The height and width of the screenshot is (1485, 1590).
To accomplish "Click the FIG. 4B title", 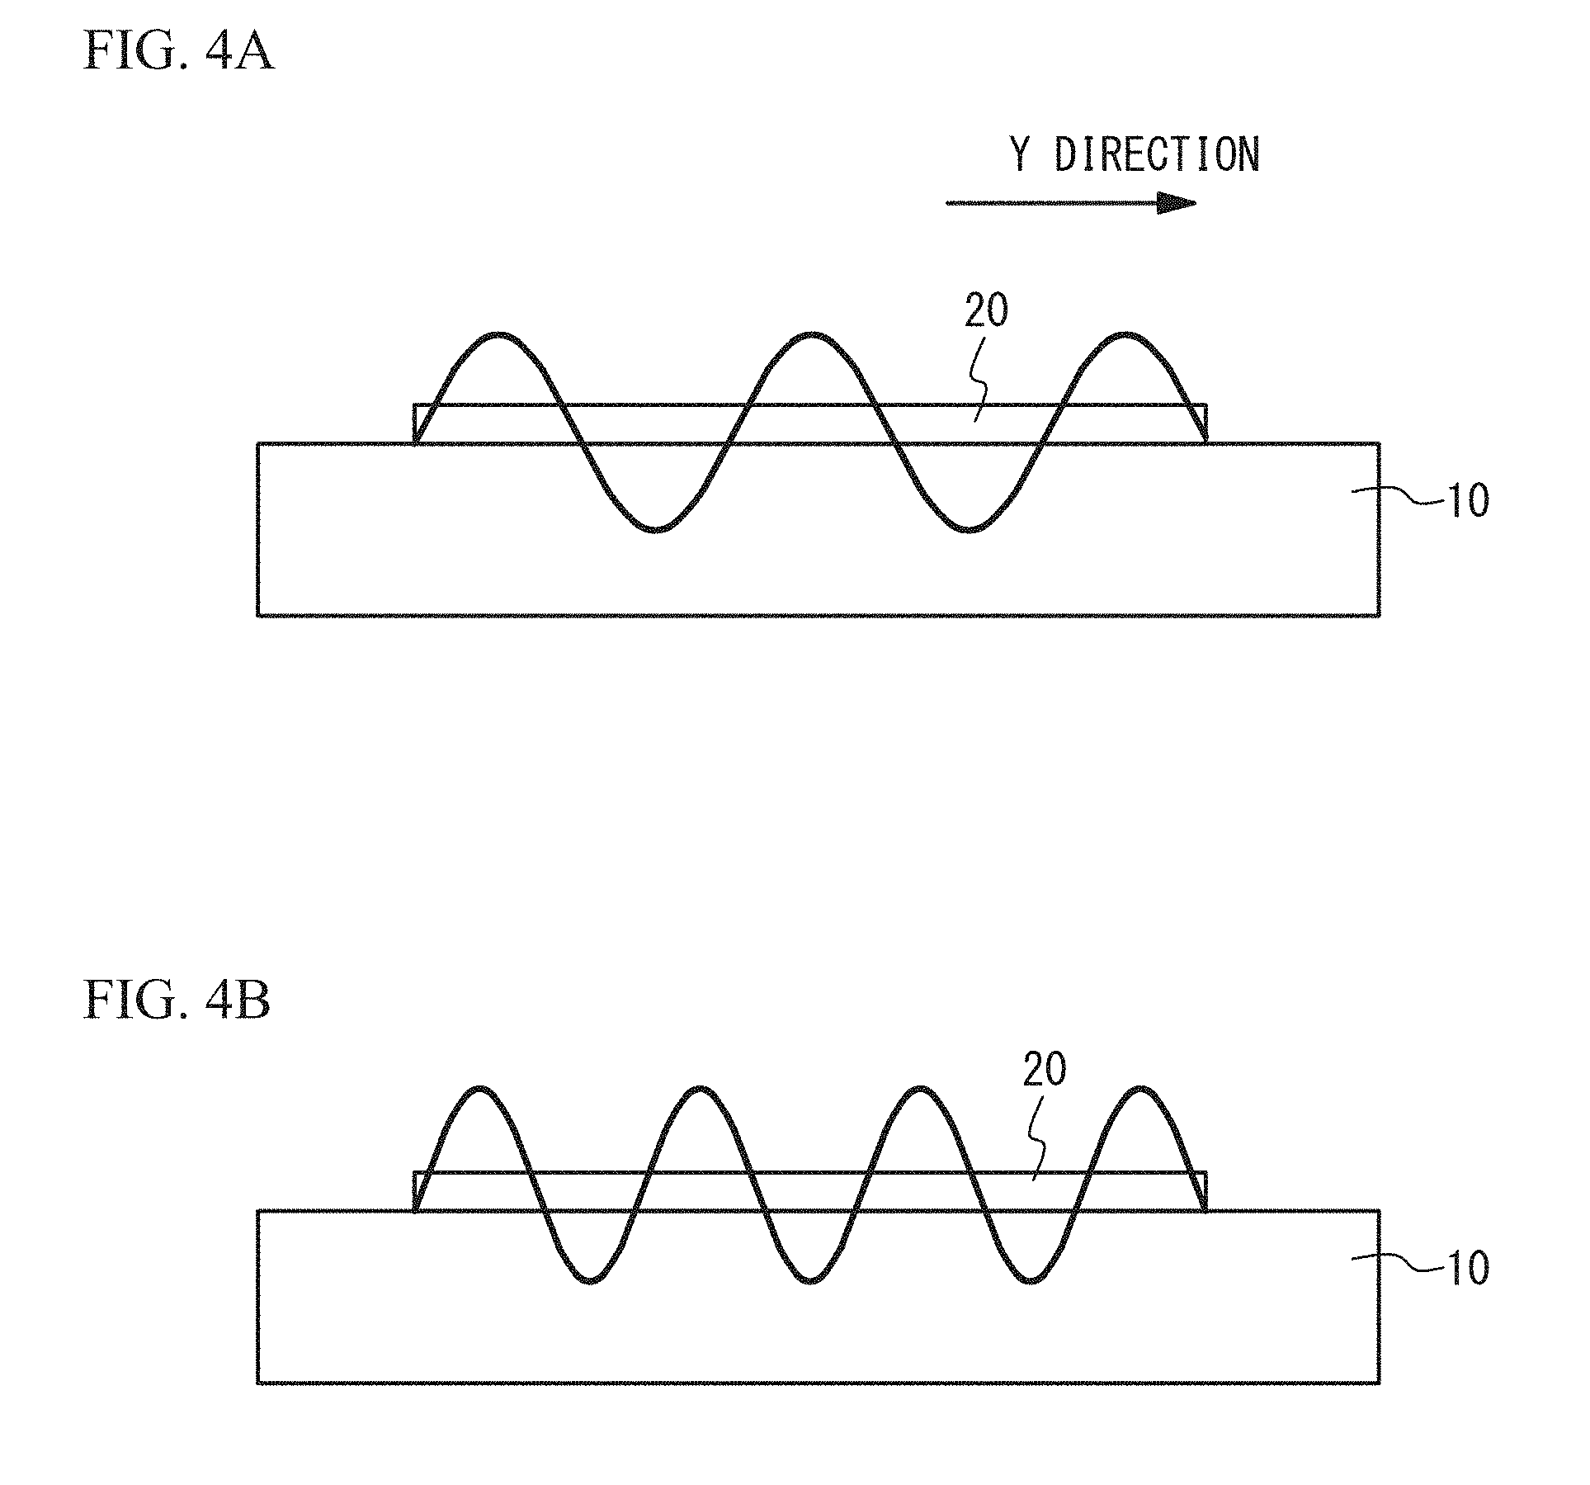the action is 177,1003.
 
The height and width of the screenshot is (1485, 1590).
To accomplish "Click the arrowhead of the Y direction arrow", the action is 1175,203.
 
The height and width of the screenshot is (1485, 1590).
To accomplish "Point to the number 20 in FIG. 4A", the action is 986,312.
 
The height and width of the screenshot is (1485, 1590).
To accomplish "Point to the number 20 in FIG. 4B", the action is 1045,1070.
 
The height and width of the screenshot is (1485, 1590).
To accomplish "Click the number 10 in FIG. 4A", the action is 1469,500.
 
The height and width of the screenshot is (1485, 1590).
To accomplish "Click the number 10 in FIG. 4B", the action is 1469,1268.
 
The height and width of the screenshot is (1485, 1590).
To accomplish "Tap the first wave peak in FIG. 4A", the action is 498,335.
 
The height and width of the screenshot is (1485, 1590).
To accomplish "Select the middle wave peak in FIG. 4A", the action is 813,335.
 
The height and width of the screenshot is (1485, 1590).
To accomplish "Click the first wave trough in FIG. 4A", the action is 656,529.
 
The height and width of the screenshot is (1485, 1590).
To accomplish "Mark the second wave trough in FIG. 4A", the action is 970,529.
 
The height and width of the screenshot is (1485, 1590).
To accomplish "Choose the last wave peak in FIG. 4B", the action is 1140,1089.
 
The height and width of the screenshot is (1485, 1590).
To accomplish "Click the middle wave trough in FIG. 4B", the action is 809,1281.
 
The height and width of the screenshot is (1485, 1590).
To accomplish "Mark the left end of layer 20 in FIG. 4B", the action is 415,1191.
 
